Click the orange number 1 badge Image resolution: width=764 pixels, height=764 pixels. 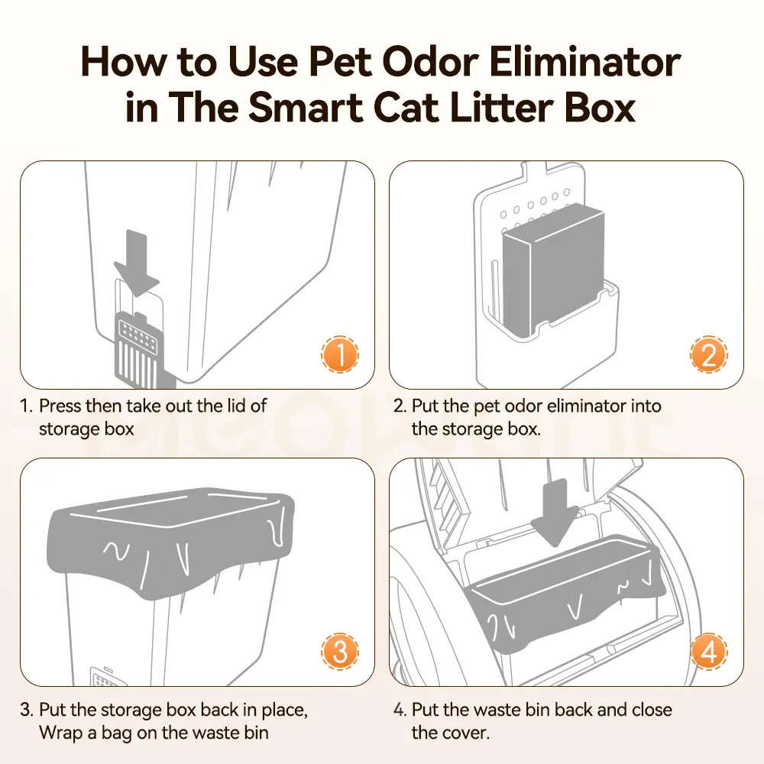tap(340, 354)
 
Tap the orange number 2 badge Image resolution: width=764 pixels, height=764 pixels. tap(709, 354)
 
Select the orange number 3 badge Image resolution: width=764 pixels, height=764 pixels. tap(340, 652)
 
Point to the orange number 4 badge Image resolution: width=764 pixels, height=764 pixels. tap(709, 652)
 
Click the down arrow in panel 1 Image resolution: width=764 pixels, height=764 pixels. tap(137, 263)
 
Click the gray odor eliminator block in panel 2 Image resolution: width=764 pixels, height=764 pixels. tap(553, 270)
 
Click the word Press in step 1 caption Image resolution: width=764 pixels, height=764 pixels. tap(60, 406)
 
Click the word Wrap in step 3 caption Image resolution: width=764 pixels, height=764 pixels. tap(61, 733)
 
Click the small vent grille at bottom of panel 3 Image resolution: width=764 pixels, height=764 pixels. tap(104, 677)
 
